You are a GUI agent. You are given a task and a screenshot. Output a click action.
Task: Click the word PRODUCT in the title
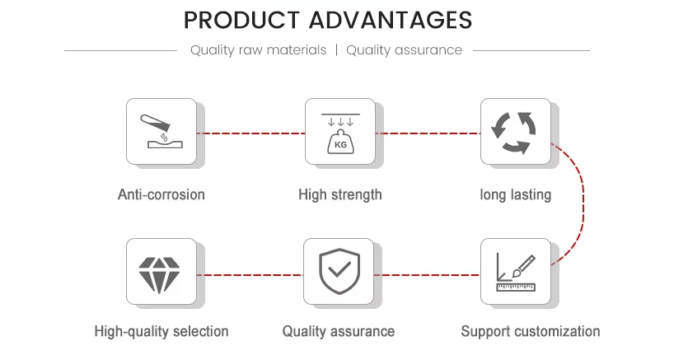[241, 20]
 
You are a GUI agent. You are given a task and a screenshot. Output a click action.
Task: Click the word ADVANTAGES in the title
[391, 20]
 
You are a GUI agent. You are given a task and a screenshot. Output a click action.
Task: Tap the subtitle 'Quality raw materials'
[259, 50]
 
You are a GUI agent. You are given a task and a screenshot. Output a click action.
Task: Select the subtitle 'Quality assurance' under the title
[404, 50]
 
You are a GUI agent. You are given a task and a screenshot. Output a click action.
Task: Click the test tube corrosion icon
[162, 131]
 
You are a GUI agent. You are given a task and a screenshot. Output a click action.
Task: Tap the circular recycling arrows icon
[514, 133]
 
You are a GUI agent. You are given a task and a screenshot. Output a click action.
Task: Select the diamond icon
[159, 274]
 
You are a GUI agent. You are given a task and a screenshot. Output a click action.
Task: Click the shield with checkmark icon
[339, 271]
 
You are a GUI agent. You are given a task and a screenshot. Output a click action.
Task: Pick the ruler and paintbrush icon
[516, 273]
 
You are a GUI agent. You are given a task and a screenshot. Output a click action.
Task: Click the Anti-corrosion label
[161, 194]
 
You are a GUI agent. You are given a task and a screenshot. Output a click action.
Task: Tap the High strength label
[340, 194]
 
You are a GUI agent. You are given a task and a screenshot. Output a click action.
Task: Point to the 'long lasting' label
[516, 194]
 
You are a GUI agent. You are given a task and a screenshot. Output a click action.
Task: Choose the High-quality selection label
[161, 331]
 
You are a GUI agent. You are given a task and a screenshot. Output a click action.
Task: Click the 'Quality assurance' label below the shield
[339, 331]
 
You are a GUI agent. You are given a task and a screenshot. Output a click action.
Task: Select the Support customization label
[531, 331]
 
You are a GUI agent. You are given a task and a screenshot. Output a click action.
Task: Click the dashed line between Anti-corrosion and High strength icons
[251, 133]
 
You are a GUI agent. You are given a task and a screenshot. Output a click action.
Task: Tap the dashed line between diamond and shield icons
[250, 275]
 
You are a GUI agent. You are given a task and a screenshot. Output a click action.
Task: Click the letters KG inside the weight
[340, 145]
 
